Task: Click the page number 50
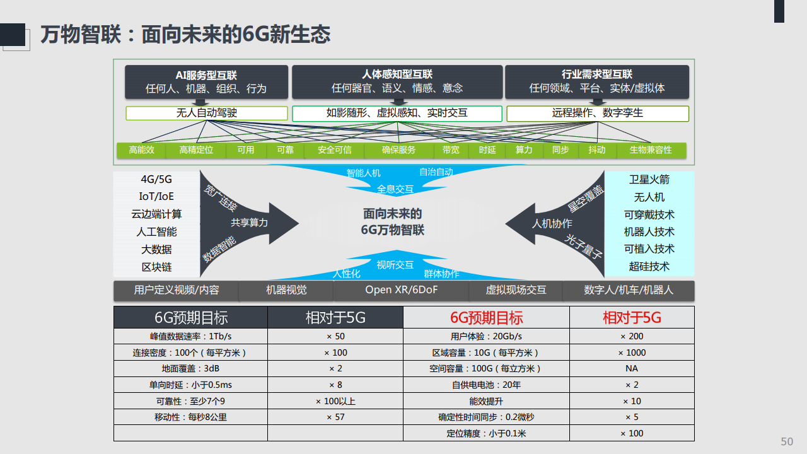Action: (787, 441)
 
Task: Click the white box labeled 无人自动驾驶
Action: (206, 113)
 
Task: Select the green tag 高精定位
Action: (196, 150)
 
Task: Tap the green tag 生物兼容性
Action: (651, 150)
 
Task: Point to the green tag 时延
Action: (487, 150)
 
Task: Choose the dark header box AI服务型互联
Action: (206, 82)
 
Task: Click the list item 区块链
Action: (156, 267)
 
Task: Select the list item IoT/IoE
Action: (156, 196)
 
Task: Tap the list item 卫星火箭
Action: (649, 180)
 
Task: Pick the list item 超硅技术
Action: (649, 267)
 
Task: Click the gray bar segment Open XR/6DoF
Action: (402, 291)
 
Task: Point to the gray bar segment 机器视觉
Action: (286, 291)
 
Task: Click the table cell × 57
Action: (335, 417)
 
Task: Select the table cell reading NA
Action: (632, 369)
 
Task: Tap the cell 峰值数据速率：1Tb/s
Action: (190, 336)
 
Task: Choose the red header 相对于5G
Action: (632, 317)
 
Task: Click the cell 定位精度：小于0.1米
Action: (486, 433)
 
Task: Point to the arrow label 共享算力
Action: (249, 223)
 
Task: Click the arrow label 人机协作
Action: (552, 224)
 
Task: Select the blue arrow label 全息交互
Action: (395, 189)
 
